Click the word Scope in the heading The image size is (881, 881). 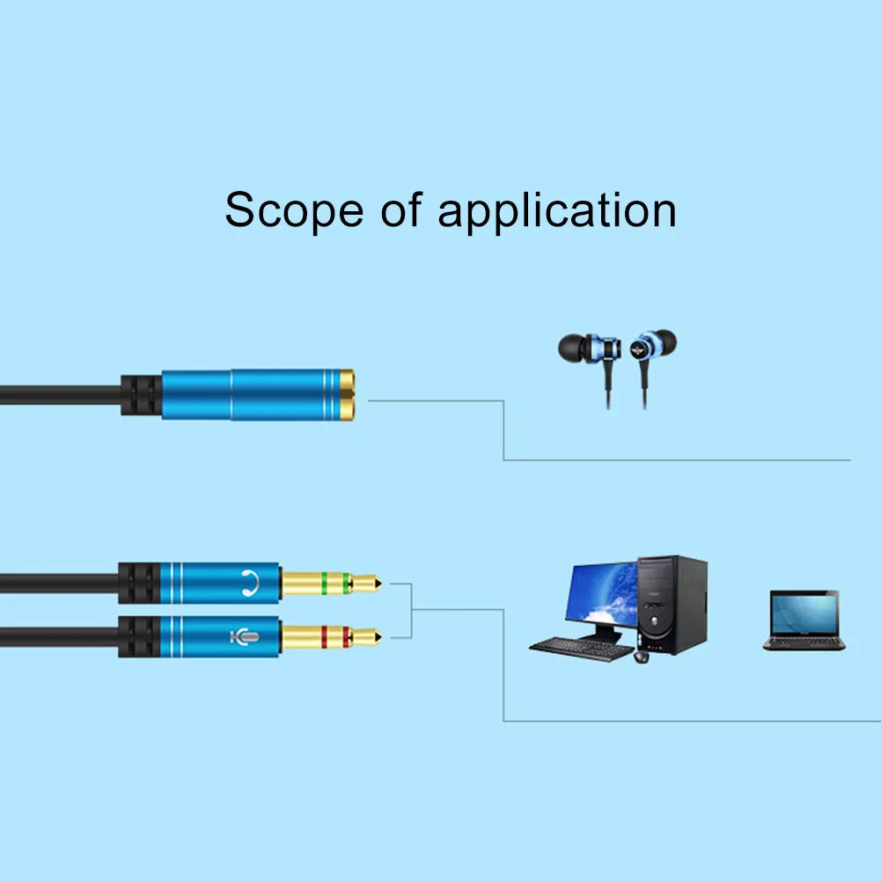tap(294, 211)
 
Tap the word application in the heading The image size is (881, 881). tap(556, 213)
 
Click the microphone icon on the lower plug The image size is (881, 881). tap(248, 634)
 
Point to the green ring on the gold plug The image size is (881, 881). tap(325, 581)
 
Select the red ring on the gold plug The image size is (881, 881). tap(325, 634)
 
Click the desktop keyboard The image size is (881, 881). tap(581, 647)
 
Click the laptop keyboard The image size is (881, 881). tap(804, 642)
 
